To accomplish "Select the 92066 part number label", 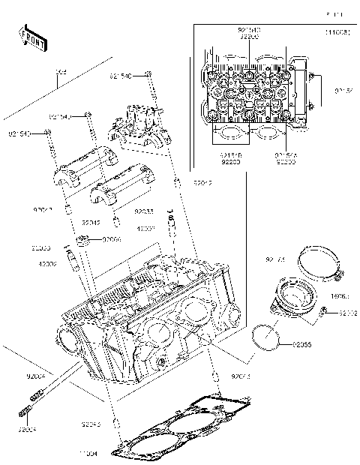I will pyautogui.click(x=111, y=239).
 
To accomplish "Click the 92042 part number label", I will pyautogui.click(x=90, y=223).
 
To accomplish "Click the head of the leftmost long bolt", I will pyautogui.click(x=49, y=133).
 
